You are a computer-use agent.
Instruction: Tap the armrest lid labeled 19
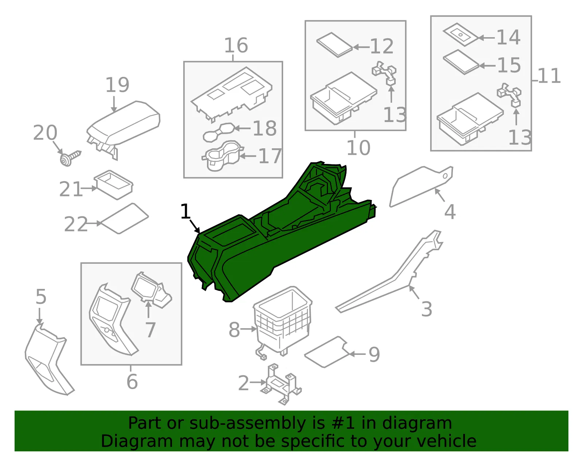click(124, 126)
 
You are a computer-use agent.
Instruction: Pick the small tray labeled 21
click(113, 184)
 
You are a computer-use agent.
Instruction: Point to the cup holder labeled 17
click(223, 156)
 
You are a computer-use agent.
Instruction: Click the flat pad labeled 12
click(334, 45)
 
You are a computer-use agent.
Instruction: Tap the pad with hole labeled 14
click(461, 34)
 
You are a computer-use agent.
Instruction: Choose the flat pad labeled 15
click(461, 62)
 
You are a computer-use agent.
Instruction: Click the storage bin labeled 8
click(282, 321)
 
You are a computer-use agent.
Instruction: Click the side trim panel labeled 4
click(421, 187)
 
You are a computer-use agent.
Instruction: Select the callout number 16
click(236, 45)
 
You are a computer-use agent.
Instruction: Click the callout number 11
click(549, 76)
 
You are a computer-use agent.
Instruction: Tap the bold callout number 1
click(185, 211)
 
